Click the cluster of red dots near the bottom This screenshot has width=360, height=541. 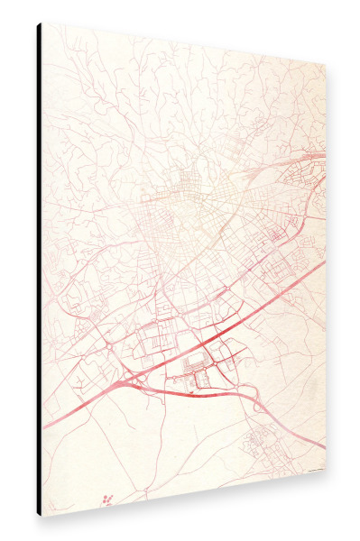tap(108, 499)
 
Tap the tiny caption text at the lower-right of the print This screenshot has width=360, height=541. tap(312, 471)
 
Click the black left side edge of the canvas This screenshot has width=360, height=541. tap(39, 270)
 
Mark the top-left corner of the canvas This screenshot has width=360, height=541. tap(42, 23)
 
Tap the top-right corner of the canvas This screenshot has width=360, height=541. tap(327, 64)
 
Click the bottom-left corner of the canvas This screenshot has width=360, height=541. tap(42, 517)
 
